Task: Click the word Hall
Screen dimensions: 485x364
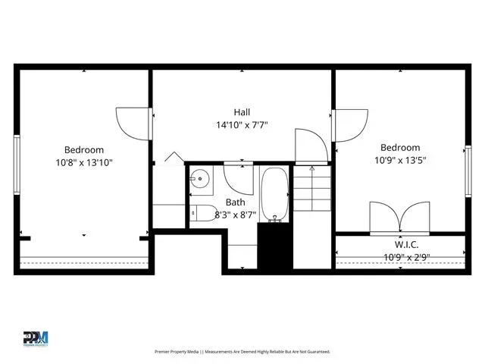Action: [242, 112]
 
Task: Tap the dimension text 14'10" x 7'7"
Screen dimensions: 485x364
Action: [242, 125]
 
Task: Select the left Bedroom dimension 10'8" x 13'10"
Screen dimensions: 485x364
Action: [84, 162]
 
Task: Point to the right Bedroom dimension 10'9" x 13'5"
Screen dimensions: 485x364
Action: [400, 160]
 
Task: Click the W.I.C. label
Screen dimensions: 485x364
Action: [406, 244]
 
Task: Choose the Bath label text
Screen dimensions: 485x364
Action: [236, 202]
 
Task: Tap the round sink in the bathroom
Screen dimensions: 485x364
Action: [200, 179]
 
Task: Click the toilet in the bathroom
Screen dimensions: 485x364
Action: [203, 213]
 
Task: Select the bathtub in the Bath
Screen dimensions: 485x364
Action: [274, 195]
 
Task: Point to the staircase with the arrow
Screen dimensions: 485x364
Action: [312, 189]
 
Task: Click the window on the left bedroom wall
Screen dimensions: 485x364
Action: [17, 165]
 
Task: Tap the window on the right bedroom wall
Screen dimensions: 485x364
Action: [468, 171]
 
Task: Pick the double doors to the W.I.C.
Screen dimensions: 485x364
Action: [399, 217]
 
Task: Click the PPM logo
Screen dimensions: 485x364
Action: [36, 339]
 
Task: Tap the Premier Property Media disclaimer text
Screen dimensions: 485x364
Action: [242, 352]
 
